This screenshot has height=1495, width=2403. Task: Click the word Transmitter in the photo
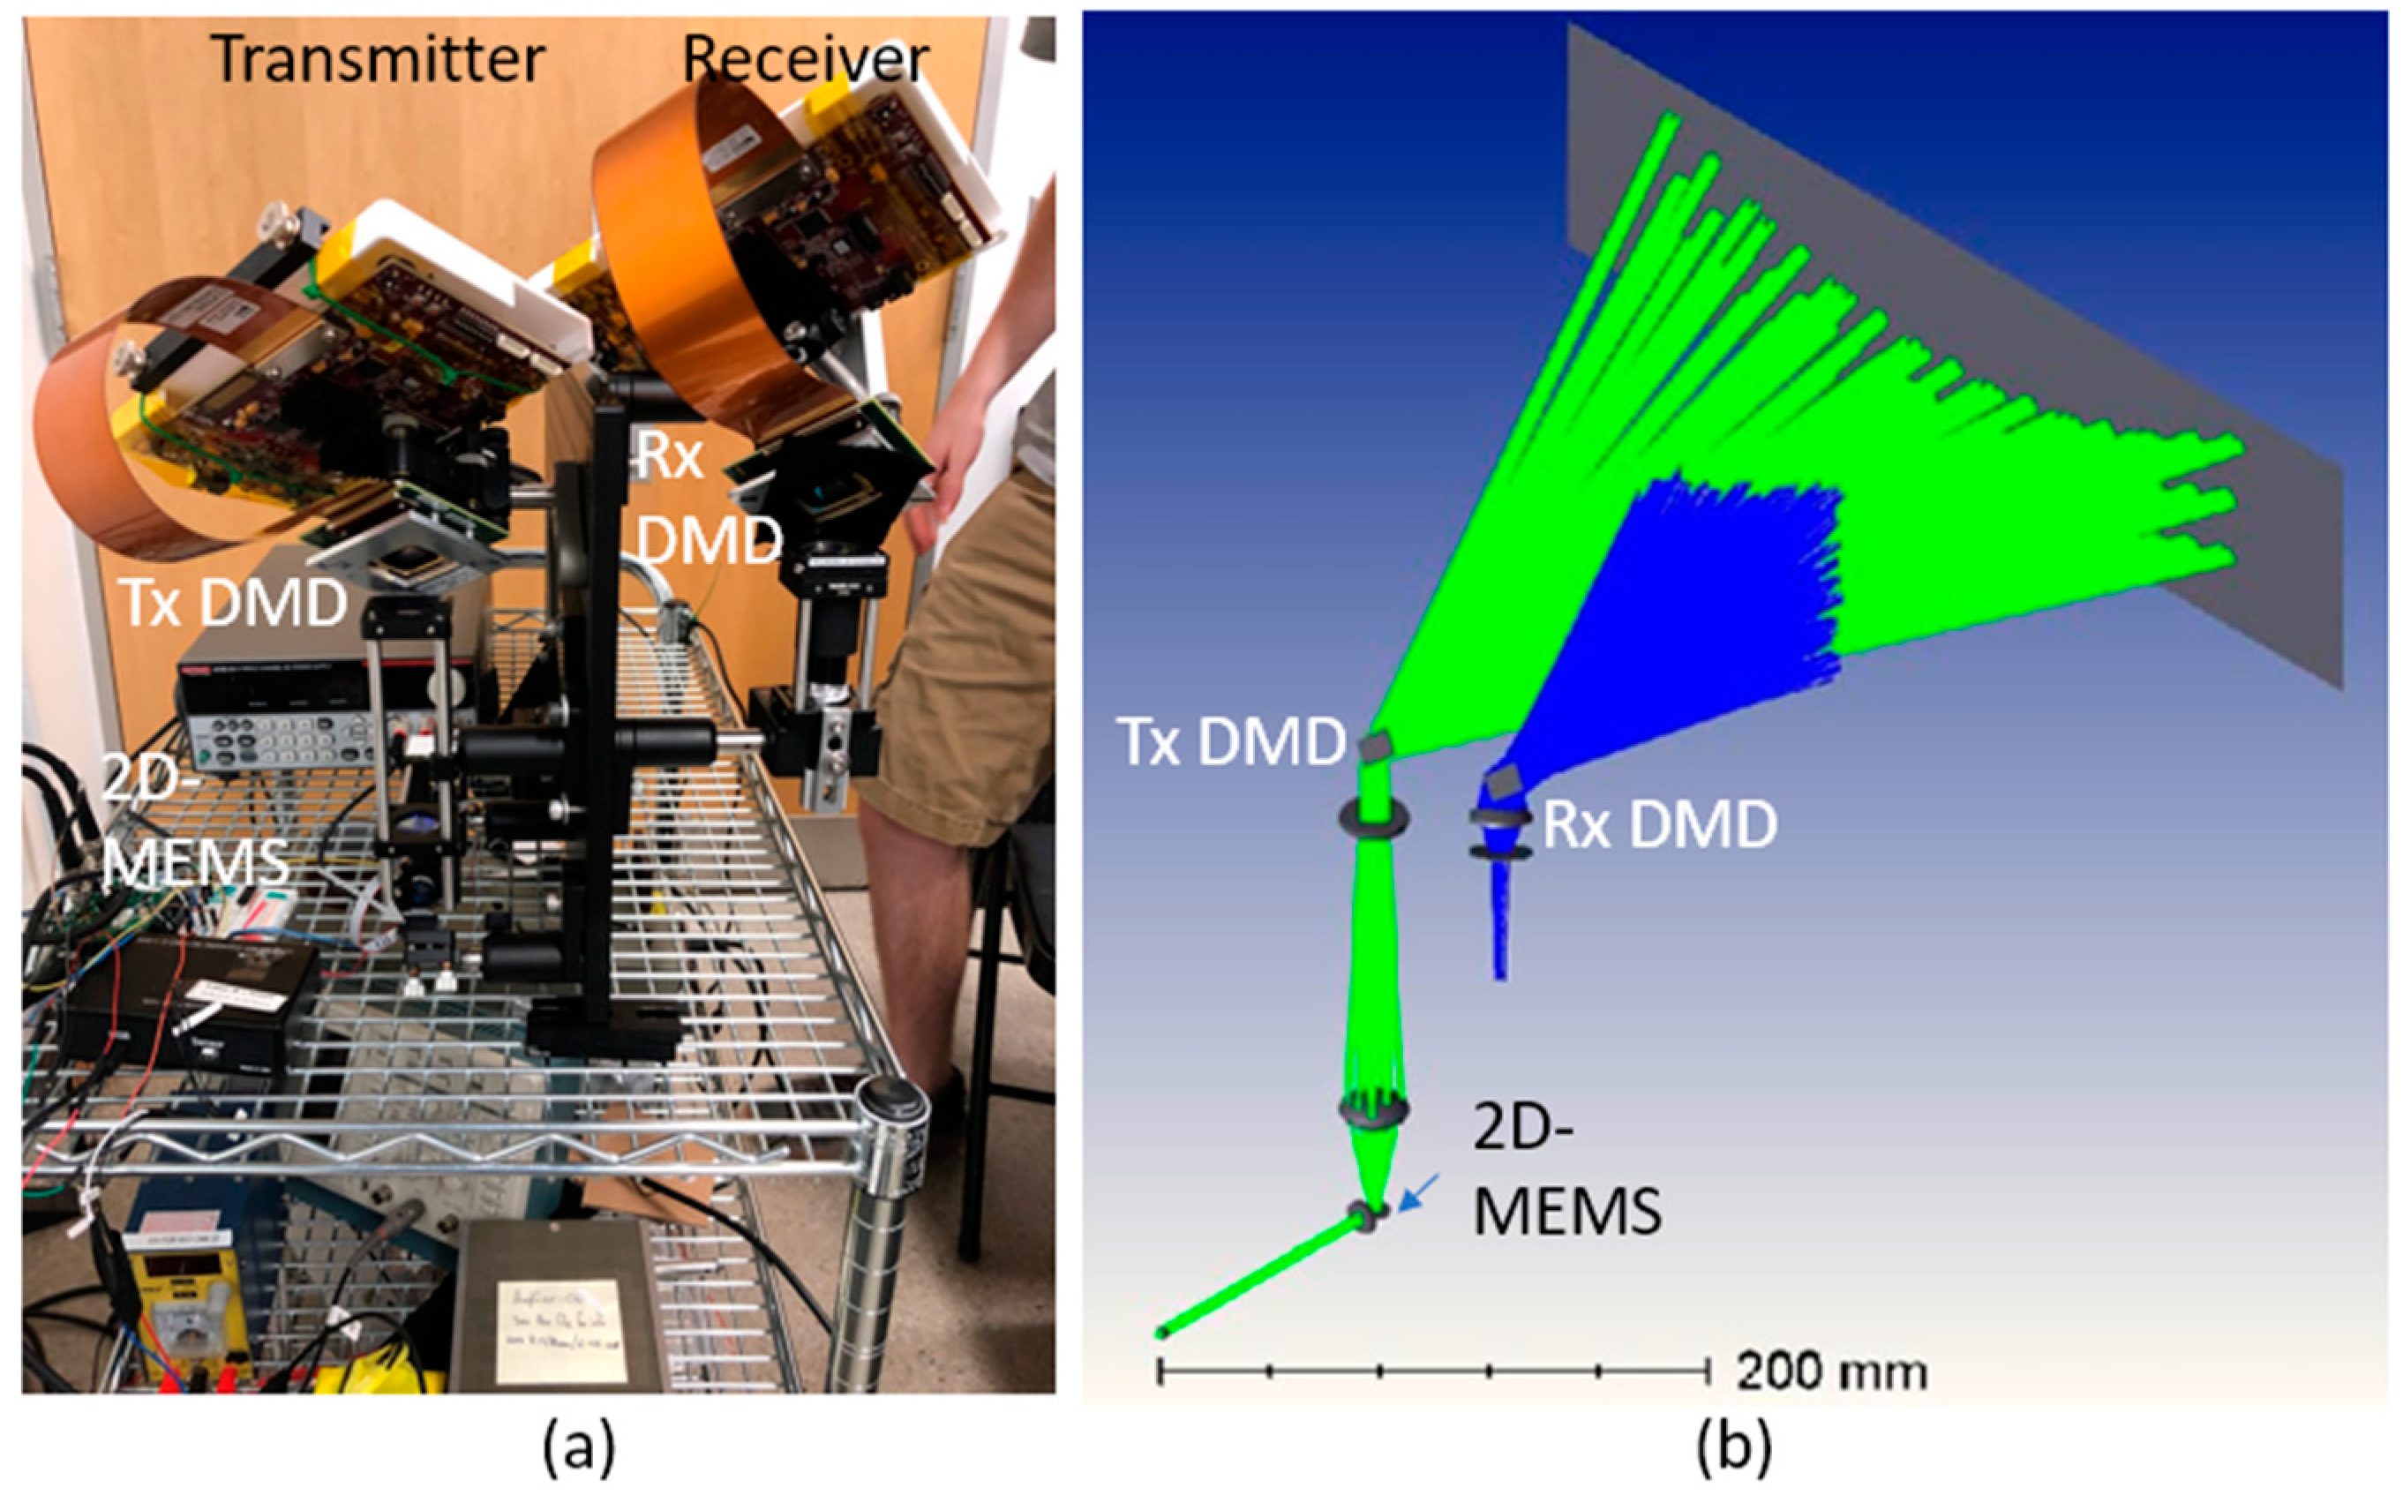[x=378, y=59]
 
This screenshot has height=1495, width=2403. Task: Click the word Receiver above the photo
[x=805, y=59]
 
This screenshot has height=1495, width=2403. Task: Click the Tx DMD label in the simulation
[x=1231, y=740]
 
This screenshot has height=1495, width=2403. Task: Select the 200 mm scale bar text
[x=1830, y=1372]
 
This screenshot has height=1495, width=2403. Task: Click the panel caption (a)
[x=579, y=1447]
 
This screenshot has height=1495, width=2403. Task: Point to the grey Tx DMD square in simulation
[x=1375, y=747]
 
